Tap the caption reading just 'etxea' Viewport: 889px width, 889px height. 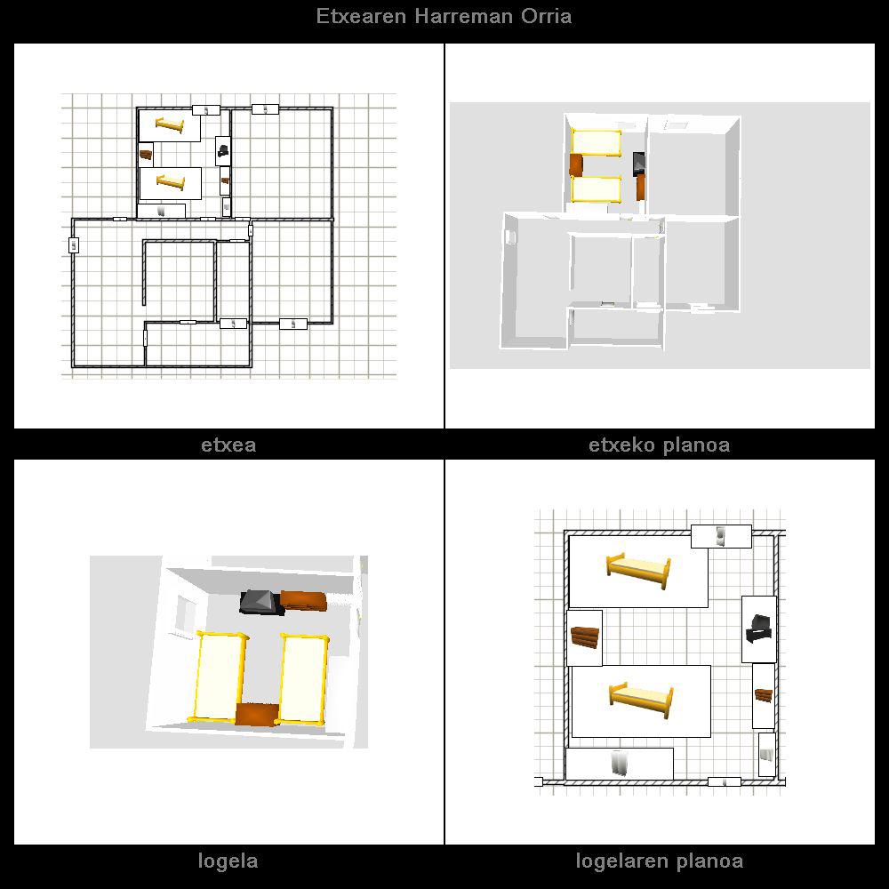click(228, 445)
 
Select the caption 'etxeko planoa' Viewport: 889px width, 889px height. click(660, 445)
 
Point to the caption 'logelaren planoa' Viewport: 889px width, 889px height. click(660, 861)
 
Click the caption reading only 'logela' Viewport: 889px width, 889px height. click(228, 861)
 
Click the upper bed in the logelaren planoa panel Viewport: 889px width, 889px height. click(638, 571)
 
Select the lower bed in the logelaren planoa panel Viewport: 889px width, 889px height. click(641, 701)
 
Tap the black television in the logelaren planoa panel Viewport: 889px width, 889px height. click(758, 629)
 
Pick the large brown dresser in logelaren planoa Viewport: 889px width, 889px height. click(584, 637)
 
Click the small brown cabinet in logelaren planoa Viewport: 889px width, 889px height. click(763, 694)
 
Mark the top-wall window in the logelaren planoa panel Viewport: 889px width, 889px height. click(721, 536)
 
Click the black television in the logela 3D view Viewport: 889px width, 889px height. click(260, 603)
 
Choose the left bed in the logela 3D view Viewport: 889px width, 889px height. click(220, 677)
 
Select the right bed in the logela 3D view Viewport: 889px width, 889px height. click(302, 678)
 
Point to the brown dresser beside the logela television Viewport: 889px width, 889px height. click(304, 601)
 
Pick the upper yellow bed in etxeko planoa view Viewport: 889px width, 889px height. click(596, 142)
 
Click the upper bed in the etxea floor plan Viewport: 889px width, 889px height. click(170, 125)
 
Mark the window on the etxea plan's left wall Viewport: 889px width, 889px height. click(74, 245)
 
